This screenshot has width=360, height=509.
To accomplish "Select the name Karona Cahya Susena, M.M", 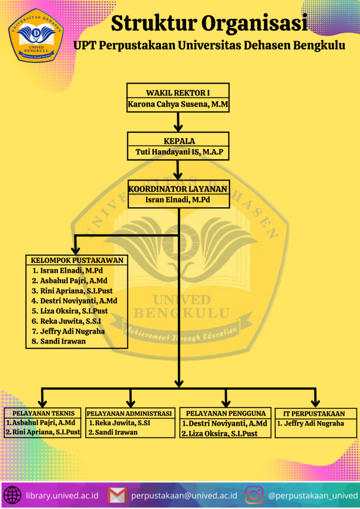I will (x=178, y=105).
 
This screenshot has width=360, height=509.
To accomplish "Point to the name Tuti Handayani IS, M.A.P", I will (x=178, y=152).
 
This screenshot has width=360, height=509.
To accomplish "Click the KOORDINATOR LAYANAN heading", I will (x=178, y=189).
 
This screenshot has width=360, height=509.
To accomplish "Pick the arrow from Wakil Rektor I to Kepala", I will (x=178, y=121).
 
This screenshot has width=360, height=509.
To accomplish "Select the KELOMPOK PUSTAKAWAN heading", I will (x=77, y=260).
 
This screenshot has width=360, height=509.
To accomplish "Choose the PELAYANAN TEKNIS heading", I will (x=44, y=413).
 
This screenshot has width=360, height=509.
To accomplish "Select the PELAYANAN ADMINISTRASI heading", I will (x=131, y=413).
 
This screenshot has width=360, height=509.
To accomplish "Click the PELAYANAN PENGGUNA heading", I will (x=226, y=413).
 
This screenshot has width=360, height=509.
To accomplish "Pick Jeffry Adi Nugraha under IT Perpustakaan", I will (x=314, y=423).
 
